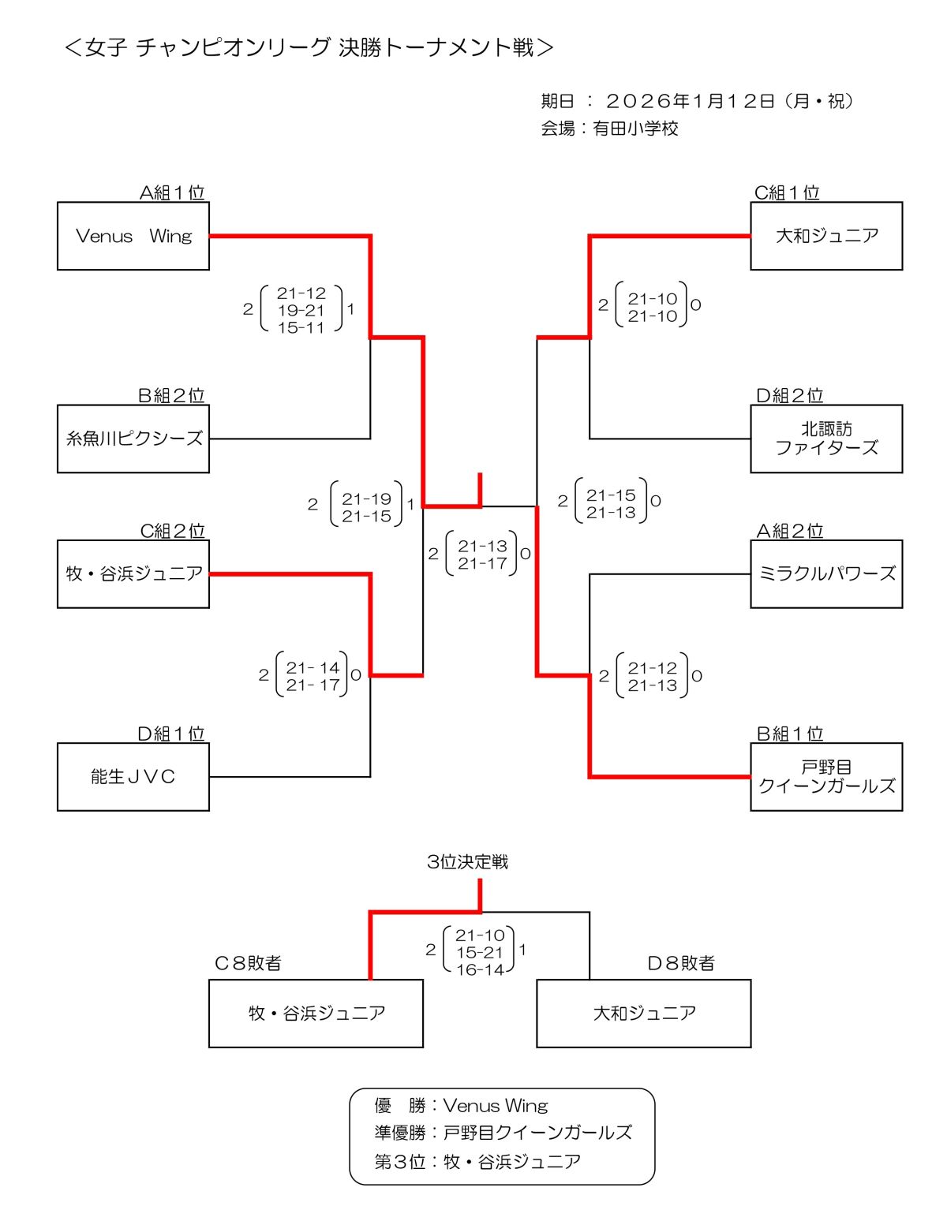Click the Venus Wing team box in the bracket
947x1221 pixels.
[x=133, y=236]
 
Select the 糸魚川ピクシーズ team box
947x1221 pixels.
[x=133, y=439]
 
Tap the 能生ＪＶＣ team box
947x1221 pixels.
[x=133, y=777]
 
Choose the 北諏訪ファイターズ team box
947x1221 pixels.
[x=826, y=439]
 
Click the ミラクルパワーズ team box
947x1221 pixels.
[x=826, y=573]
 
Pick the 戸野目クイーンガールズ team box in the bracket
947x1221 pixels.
[x=826, y=777]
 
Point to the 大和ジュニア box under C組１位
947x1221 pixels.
[x=826, y=236]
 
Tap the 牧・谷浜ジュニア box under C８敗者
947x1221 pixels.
[x=316, y=1014]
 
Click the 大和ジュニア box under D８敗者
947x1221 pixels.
[x=644, y=1014]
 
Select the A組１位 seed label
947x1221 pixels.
[x=172, y=192]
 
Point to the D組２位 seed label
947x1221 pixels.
[x=789, y=395]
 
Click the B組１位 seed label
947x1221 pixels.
[x=789, y=734]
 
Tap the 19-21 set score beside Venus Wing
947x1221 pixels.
[x=301, y=311]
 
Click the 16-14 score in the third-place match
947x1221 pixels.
[x=480, y=969]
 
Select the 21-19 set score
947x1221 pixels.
[x=367, y=498]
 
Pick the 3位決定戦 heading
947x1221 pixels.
[x=467, y=861]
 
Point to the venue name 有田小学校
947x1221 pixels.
[x=635, y=129]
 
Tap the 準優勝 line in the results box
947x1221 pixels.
[x=503, y=1133]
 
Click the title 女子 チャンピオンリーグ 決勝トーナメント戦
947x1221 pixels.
[x=309, y=47]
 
